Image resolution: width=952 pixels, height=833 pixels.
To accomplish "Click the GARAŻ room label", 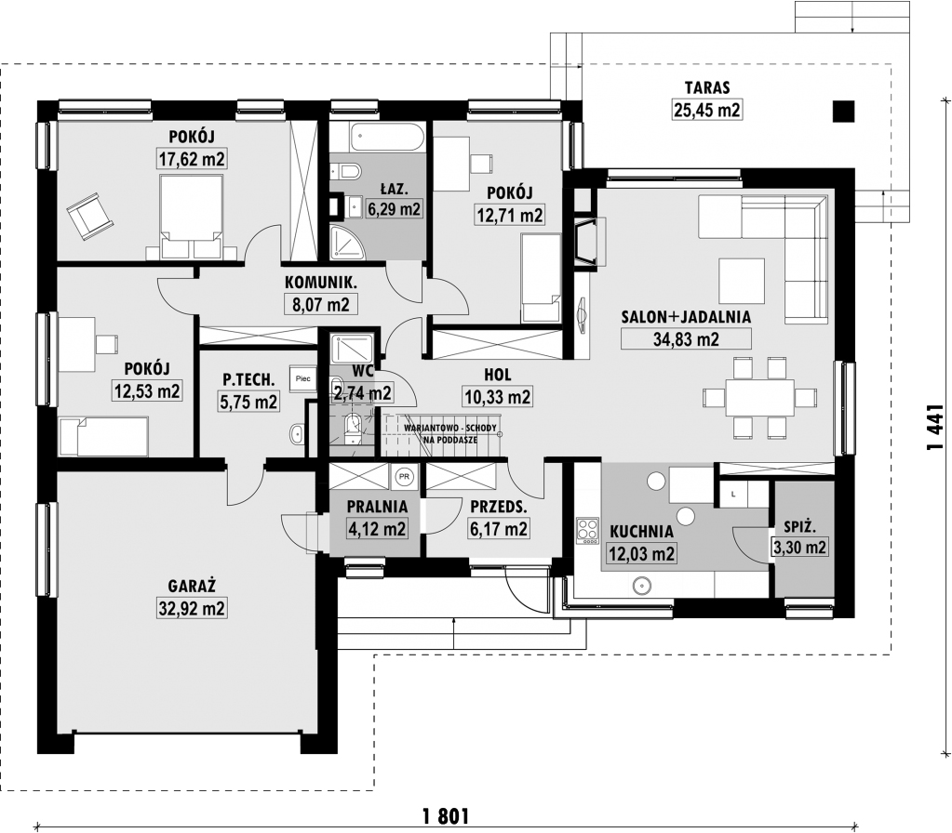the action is tap(192, 586).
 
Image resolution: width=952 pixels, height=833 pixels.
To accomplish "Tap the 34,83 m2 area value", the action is tap(686, 338).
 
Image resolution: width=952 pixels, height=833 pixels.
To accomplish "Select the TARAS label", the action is tap(707, 87).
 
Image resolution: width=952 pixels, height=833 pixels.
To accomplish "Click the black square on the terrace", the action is tap(843, 111).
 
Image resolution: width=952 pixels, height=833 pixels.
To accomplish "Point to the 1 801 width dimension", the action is tap(445, 816).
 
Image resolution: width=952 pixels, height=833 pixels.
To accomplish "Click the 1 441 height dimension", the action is tap(935, 429).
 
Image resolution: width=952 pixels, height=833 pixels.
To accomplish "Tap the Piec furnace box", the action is tap(302, 379).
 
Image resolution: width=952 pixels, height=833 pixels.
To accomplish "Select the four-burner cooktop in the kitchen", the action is tap(587, 530).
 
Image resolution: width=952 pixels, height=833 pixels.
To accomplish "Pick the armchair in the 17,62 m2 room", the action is tap(90, 216).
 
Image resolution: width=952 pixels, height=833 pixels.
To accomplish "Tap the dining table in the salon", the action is tap(760, 398).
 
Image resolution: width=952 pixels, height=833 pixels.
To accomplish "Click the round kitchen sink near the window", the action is tap(642, 586).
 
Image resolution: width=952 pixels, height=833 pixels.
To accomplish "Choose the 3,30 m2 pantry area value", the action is tap(799, 548).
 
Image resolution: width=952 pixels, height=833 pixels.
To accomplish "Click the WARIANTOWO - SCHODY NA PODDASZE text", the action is tap(449, 434).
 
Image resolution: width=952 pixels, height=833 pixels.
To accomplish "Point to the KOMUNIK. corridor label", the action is tap(321, 282).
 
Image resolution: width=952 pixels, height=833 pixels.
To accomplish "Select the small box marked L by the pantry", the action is tap(733, 495).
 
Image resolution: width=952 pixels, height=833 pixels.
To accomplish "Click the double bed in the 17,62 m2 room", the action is tap(192, 218).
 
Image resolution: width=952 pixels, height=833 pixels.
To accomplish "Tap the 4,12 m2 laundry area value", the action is tap(377, 528).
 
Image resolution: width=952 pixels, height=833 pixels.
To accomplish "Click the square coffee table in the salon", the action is tap(742, 280).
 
